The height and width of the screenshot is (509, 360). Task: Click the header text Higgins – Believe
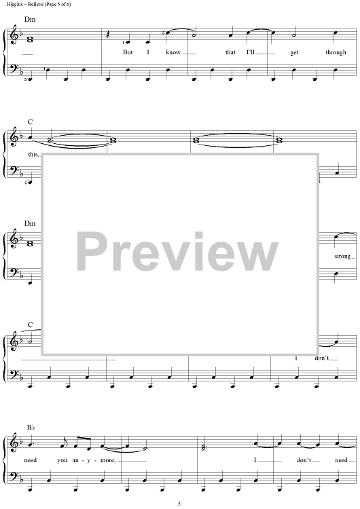click(22, 4)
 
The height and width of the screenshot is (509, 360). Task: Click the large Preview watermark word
click(177, 252)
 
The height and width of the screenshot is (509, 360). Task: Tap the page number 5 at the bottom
click(179, 504)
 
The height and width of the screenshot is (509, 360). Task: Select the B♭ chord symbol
click(31, 427)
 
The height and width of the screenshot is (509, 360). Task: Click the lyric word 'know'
click(173, 52)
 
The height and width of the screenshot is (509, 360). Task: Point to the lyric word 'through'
click(336, 52)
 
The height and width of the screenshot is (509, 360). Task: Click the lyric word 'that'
click(230, 52)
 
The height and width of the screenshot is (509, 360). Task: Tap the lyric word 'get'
click(294, 53)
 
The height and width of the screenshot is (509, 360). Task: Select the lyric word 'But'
click(128, 52)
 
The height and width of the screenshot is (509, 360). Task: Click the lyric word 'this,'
click(33, 155)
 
